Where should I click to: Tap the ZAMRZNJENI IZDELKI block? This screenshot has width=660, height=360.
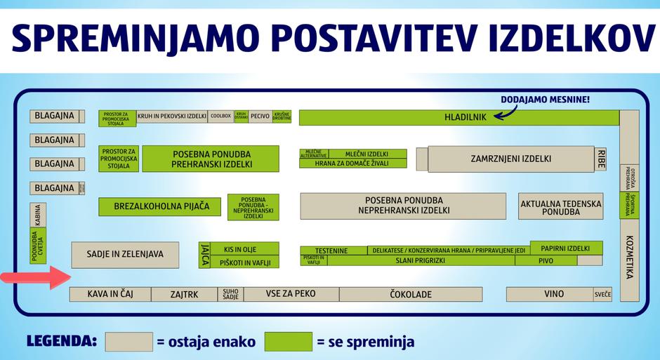[511, 159]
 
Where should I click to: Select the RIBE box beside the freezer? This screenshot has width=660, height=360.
[601, 159]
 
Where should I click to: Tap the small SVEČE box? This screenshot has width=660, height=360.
[602, 294]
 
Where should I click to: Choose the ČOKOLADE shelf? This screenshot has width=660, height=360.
[411, 294]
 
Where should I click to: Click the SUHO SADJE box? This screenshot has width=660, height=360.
[230, 294]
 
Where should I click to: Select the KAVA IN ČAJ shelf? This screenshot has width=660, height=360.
[110, 294]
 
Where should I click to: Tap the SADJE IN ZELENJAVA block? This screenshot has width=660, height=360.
[125, 255]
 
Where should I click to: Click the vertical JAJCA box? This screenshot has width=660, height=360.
[205, 255]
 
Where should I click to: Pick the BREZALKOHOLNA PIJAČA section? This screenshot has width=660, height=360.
[159, 207]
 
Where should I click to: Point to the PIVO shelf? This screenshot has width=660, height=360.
[546, 260]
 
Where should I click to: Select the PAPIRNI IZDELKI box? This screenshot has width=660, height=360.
[566, 248]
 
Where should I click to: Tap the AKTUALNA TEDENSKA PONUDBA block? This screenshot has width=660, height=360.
[560, 206]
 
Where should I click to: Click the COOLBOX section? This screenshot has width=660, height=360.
[220, 116]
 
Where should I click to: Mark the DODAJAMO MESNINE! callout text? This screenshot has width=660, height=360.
[545, 100]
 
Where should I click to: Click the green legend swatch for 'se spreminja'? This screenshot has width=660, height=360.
[288, 342]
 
